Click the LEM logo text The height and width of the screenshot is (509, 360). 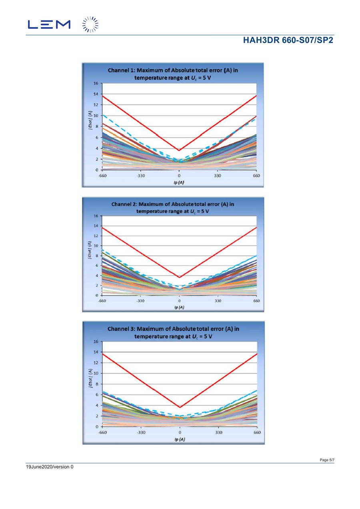point(49,24)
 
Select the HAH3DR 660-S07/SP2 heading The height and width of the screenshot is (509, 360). point(288,40)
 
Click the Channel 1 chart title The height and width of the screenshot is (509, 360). point(173,74)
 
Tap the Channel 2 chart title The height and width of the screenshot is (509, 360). point(173,208)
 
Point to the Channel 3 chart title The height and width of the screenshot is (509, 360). point(173,333)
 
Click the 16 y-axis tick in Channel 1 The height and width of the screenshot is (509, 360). point(96,83)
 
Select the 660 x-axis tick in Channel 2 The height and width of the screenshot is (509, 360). point(256,301)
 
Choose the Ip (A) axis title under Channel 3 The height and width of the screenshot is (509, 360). point(180,439)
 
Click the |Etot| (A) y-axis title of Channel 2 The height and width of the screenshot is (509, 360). point(90,251)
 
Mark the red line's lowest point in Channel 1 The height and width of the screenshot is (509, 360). point(179,150)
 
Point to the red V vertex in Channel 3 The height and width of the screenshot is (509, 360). point(180,407)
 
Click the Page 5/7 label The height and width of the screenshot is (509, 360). point(327,460)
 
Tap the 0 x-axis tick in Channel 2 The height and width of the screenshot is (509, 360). point(179,301)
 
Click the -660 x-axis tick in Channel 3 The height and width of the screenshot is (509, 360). point(103,433)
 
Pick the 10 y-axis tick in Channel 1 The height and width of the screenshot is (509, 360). point(96,116)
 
